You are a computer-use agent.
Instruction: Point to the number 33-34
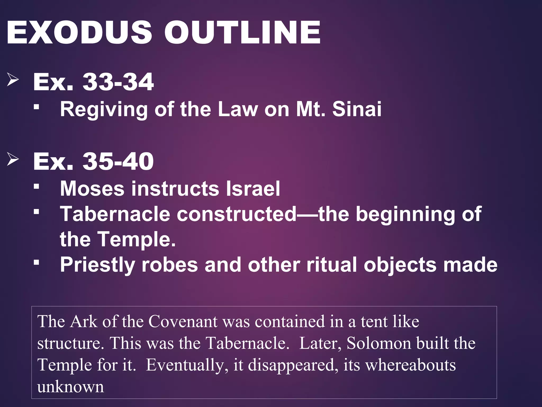(118, 82)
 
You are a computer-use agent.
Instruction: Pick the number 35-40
(118, 161)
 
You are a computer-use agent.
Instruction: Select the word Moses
(92, 189)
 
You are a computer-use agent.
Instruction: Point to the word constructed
(237, 214)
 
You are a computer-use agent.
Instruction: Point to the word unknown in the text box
(70, 387)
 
